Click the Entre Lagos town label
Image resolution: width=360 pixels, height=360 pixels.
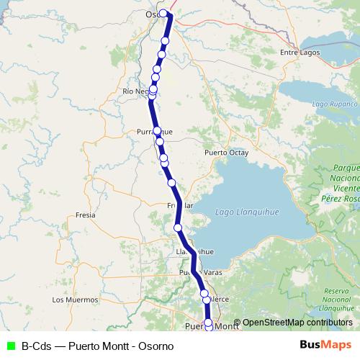(299, 53)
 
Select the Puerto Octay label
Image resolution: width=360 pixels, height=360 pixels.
(226, 153)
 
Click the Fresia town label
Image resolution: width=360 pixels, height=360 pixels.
(85, 215)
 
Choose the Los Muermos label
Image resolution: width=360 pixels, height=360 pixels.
(75, 299)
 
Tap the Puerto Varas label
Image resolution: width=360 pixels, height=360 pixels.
(198, 274)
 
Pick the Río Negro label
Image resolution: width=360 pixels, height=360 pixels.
(137, 91)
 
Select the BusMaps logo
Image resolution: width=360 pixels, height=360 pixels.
(325, 345)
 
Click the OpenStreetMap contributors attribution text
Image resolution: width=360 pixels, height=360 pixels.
(297, 323)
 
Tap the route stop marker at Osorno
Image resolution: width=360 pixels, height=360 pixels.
(163, 13)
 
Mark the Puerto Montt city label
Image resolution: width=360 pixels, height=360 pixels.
(212, 326)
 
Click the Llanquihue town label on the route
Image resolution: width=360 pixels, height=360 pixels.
(195, 252)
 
